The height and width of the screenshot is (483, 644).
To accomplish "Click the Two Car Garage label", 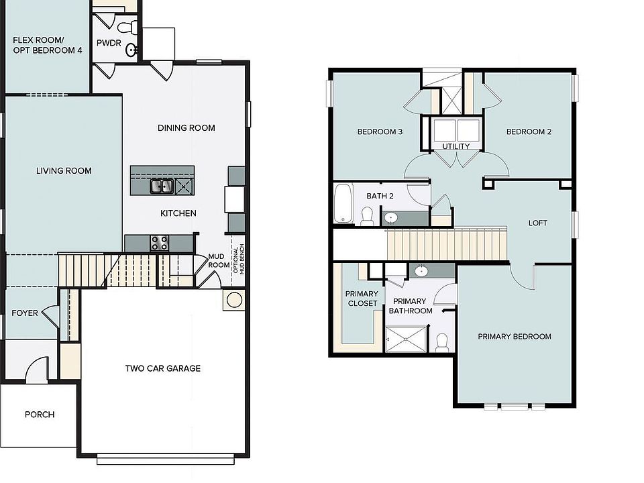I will tap(162, 368).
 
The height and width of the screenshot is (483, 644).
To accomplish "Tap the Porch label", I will tap(40, 415).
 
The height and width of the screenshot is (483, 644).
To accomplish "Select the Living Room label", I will tap(64, 171).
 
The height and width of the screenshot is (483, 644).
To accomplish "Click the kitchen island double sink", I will tap(161, 186).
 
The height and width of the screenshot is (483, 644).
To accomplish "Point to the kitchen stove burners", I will tap(160, 243).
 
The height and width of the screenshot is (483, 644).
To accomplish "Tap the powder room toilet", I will tap(127, 27).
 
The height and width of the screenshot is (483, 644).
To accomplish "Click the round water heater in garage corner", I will tap(234, 300).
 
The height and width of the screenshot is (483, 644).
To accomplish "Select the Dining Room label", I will tap(186, 128).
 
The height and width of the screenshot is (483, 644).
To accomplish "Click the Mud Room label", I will tap(219, 260).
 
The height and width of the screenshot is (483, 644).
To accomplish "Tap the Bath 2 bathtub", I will tap(342, 203).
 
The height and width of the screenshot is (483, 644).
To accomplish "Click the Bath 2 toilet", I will tap(367, 215).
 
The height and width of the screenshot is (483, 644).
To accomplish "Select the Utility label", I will tap(455, 146).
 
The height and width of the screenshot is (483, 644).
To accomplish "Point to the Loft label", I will tap(538, 223).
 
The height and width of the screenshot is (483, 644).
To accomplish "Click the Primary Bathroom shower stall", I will tap(405, 339).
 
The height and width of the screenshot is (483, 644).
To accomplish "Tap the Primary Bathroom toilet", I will tap(442, 342).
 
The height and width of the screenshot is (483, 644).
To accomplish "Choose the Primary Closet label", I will tap(362, 299).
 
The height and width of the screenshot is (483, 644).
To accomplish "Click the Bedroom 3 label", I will tap(380, 132).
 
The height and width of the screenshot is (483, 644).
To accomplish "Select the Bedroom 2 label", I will tap(529, 132).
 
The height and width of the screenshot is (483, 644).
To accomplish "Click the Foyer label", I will tap(25, 313).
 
